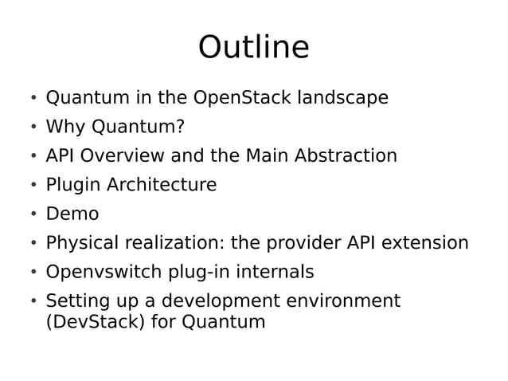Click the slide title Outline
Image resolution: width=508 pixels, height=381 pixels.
(x=253, y=48)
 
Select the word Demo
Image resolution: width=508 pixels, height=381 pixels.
(x=72, y=214)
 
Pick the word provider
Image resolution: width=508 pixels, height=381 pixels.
(x=302, y=243)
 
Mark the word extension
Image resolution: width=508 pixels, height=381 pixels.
(x=424, y=243)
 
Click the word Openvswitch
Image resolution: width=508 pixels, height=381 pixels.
(x=104, y=273)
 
